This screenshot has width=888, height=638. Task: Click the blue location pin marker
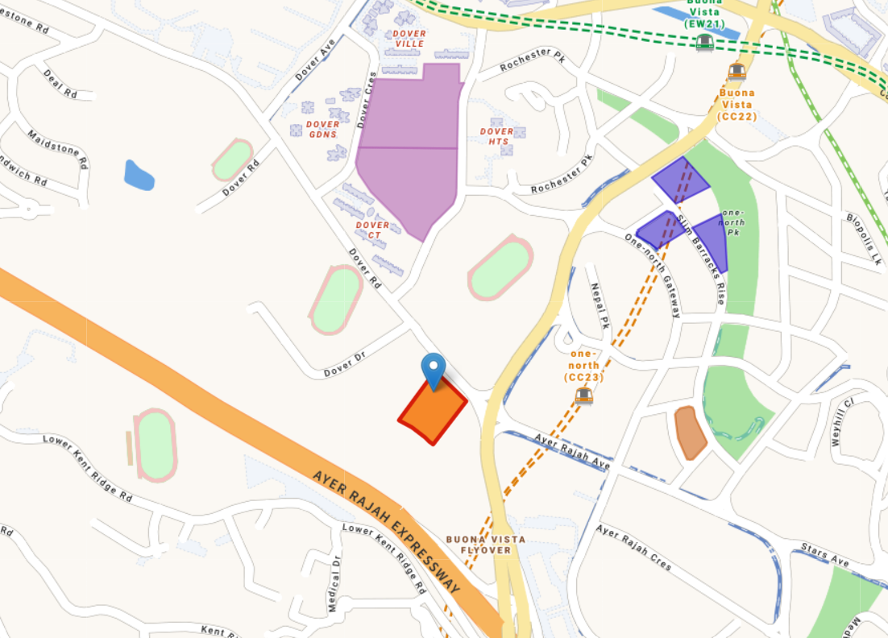(434, 370)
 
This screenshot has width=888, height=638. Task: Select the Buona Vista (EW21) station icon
(705, 42)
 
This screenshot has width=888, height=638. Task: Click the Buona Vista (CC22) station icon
(737, 71)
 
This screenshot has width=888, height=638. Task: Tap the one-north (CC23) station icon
(584, 396)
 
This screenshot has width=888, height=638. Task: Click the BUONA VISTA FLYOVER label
(486, 545)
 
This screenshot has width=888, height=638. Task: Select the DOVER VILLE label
(409, 39)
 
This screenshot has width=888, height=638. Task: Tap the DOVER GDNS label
(322, 130)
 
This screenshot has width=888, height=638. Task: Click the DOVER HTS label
(496, 136)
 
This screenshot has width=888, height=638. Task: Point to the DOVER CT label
(372, 230)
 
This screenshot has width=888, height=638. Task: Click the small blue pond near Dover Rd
(139, 175)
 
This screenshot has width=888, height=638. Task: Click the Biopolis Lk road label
(864, 239)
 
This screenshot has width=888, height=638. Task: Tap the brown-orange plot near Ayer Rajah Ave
(690, 433)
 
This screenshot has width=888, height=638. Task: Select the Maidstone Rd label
(57, 149)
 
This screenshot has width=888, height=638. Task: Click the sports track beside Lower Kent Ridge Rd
(156, 445)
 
